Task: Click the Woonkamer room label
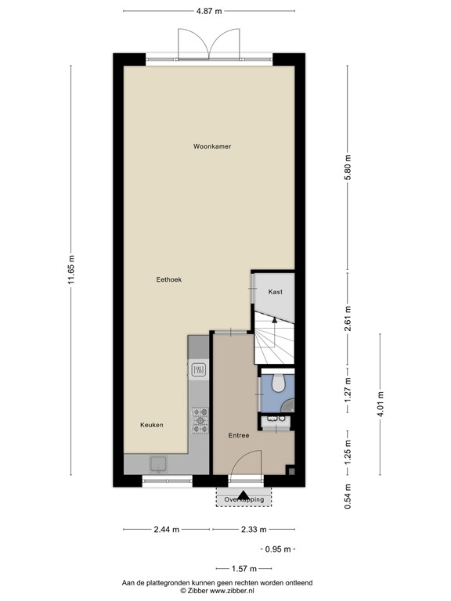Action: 212,146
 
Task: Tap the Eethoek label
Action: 169,279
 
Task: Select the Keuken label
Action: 151,425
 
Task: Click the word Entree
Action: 239,435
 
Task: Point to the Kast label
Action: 275,291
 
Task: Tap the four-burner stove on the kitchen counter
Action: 200,420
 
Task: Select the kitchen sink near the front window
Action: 159,463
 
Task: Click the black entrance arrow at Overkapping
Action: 244,495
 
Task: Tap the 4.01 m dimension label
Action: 380,405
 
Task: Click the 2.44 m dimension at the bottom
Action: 167,530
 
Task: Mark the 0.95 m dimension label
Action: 278,549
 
